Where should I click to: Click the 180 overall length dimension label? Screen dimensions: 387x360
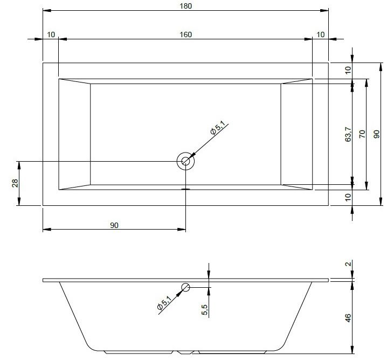click(x=185, y=6)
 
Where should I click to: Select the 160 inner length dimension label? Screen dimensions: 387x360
click(x=185, y=34)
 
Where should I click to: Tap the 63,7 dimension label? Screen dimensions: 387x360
click(x=348, y=134)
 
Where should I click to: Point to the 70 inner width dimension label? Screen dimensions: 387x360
click(x=362, y=134)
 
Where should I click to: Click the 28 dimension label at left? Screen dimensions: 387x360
click(x=15, y=183)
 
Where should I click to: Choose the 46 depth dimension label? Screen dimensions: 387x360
click(x=348, y=317)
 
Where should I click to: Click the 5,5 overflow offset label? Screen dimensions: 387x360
click(x=205, y=309)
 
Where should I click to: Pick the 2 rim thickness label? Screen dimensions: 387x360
click(x=348, y=264)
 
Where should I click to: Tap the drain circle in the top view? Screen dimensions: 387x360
click(x=185, y=161)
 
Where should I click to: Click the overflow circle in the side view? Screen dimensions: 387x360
click(x=185, y=287)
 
